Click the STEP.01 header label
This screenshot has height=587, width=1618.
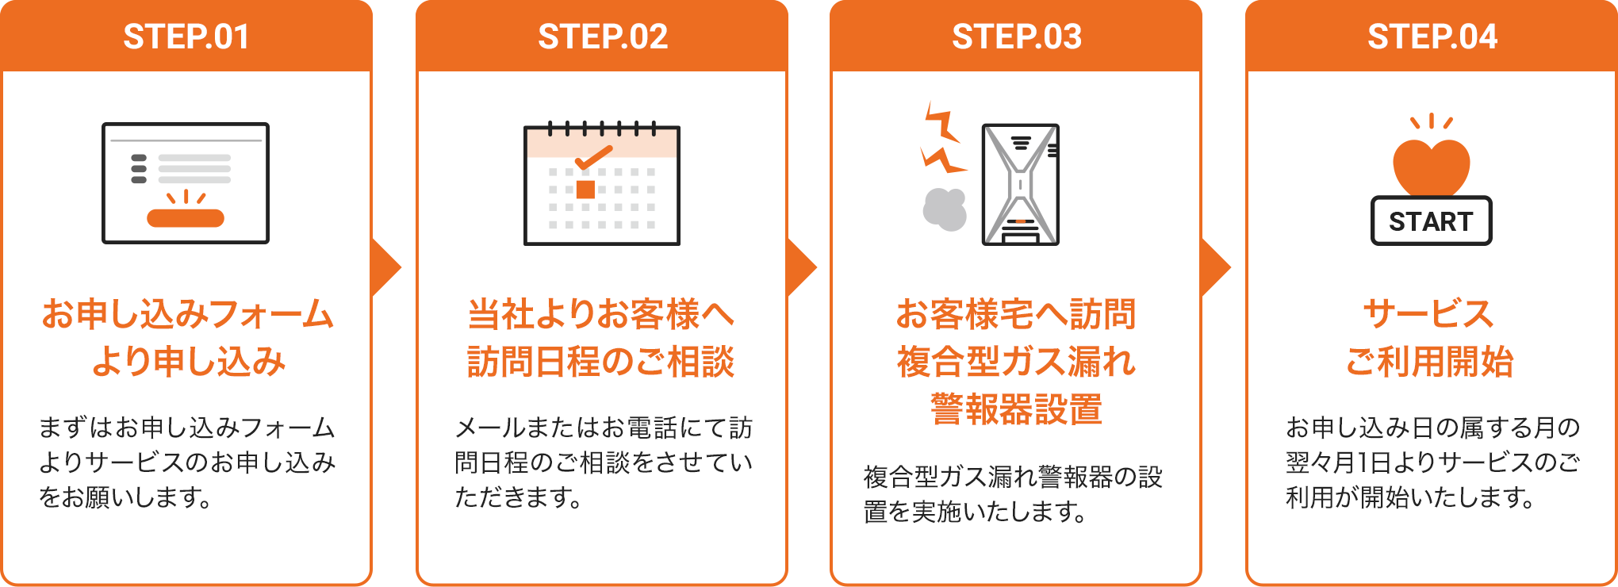[186, 36]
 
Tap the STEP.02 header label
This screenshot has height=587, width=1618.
[603, 36]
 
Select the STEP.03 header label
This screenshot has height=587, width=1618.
[1017, 36]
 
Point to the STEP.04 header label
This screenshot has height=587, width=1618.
[1432, 36]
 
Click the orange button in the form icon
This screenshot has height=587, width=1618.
[186, 218]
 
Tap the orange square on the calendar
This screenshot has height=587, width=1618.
[585, 190]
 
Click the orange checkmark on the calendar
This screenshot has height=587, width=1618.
[593, 157]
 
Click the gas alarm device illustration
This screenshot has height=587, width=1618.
[1021, 184]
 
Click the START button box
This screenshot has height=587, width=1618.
[1432, 221]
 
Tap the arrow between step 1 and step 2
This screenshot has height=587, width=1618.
[386, 267]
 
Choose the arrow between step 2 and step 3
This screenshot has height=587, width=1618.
[802, 267]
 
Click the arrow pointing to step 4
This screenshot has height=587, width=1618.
[1217, 267]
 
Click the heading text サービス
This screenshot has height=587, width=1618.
[1428, 314]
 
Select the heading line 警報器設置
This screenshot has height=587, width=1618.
[1016, 409]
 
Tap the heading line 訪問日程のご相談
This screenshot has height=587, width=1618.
[601, 362]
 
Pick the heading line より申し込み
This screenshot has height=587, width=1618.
[188, 362]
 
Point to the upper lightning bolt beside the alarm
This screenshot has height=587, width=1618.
[941, 125]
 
